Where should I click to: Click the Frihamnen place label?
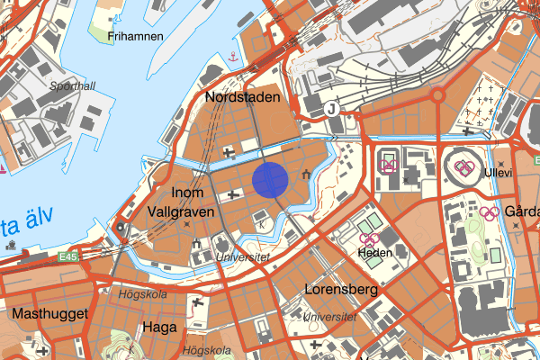[134, 37]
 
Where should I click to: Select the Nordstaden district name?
[243, 96]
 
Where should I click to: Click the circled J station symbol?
[332, 108]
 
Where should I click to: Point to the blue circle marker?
[270, 179]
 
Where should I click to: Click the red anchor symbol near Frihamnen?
[233, 57]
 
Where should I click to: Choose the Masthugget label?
[49, 313]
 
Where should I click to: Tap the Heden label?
[374, 253]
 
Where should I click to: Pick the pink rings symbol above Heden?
[368, 238]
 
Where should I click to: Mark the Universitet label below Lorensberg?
[329, 318]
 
